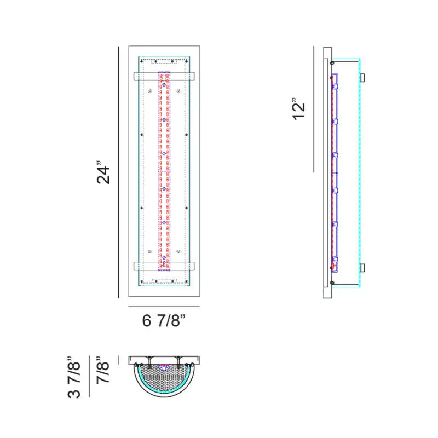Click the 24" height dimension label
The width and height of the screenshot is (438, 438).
103,172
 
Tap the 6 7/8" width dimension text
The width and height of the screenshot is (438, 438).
164,320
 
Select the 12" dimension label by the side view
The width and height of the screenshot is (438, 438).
298,109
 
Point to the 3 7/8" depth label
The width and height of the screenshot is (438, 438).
74,377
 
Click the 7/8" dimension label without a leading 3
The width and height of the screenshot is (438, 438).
103,370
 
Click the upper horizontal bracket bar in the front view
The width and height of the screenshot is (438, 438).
164,76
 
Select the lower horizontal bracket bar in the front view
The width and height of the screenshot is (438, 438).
164,266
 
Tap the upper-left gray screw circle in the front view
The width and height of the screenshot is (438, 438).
149,91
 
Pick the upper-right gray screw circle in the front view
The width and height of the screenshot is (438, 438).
178,91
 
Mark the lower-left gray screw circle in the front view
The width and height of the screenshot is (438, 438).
149,251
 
